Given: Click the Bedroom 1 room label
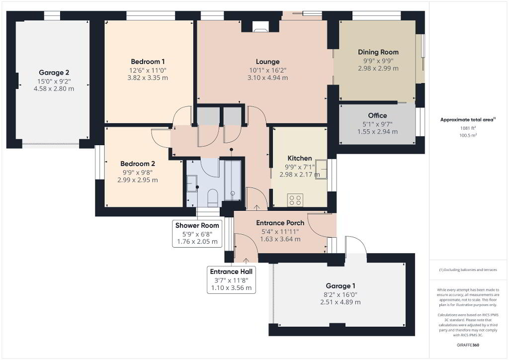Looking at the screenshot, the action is (148, 62).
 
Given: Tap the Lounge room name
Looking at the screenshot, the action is (267, 62).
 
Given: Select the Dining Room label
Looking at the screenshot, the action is (378, 52).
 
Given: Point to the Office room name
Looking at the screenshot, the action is (378, 115).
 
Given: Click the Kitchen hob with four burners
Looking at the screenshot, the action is (295, 200).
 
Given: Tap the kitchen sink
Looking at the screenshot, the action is (322, 169).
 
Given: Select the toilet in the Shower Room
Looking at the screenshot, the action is (213, 197).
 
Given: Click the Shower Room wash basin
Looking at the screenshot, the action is (192, 183).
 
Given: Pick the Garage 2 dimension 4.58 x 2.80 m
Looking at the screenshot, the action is (54, 89).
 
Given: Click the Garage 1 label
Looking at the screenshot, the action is (340, 286).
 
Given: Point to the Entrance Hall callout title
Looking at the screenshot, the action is (231, 271).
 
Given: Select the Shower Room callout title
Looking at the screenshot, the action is (197, 225).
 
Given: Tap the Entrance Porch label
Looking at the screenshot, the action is (280, 223).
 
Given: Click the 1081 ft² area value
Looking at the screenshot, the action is (468, 128).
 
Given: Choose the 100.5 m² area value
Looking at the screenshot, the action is (468, 135).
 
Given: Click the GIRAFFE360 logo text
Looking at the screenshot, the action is (468, 345).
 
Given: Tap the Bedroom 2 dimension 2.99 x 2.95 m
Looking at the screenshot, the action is (138, 180).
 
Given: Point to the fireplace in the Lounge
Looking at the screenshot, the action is (260, 26).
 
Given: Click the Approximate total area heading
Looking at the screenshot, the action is (468, 119).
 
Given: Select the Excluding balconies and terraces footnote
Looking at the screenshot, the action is (468, 270).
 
